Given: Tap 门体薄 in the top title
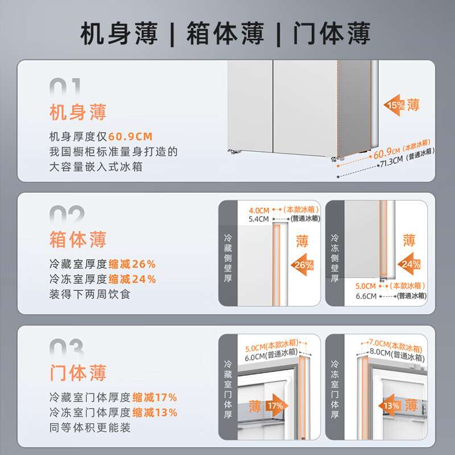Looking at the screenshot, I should [332, 34].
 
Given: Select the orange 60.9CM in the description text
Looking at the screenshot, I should [131, 137].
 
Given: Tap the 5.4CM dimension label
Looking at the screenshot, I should [259, 218].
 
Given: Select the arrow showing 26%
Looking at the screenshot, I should [303, 264].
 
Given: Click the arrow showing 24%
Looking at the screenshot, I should [408, 264].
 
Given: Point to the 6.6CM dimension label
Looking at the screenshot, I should [366, 296].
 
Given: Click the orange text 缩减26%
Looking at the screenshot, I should [132, 264].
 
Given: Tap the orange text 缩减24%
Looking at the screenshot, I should [132, 279].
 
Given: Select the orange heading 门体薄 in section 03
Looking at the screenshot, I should [78, 373].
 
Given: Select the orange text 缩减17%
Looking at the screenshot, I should [155, 398].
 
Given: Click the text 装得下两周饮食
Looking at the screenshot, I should [90, 295].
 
